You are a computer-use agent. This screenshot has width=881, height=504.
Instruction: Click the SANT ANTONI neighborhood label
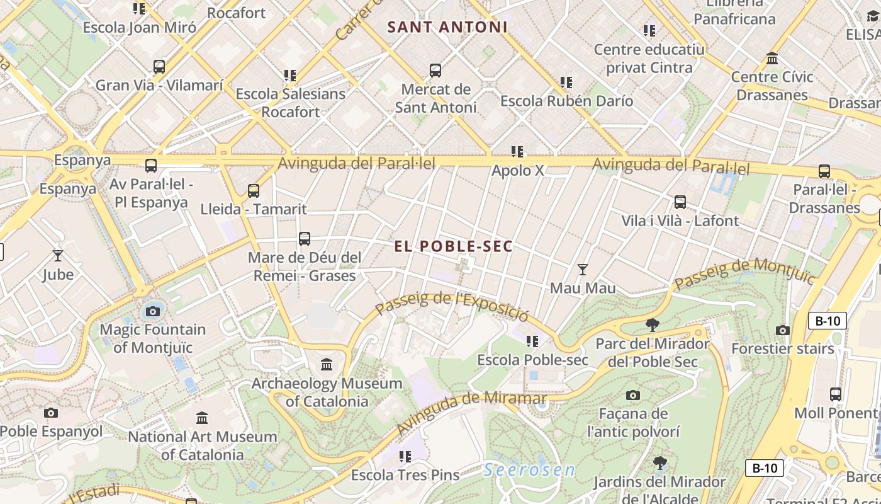(x=447, y=27)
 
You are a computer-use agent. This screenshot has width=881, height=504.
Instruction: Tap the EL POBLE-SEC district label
(x=453, y=246)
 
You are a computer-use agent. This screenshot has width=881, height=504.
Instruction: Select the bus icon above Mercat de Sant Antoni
(x=435, y=71)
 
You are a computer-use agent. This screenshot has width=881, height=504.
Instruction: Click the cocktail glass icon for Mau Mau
(x=583, y=270)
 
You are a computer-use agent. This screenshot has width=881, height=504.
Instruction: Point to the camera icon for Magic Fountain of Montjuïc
(x=152, y=311)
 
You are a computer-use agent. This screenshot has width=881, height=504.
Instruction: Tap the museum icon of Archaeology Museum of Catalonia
(x=327, y=365)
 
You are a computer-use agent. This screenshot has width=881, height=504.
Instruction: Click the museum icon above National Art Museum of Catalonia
(x=202, y=418)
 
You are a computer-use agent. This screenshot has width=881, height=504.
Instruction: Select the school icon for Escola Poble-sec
(x=532, y=341)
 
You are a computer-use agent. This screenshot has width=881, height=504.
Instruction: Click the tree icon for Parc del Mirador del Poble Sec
(x=653, y=325)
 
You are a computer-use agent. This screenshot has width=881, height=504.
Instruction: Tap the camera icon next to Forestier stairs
(x=783, y=330)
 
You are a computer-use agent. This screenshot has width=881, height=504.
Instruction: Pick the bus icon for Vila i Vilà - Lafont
(x=680, y=202)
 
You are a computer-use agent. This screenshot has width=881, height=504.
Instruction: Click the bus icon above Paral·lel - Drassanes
(x=824, y=171)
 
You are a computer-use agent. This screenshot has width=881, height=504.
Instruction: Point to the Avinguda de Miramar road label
(x=472, y=413)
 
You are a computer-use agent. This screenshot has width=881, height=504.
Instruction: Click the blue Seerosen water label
(x=530, y=470)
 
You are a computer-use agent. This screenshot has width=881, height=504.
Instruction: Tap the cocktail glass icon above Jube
(x=58, y=256)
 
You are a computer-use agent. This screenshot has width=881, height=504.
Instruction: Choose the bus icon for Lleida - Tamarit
(x=254, y=190)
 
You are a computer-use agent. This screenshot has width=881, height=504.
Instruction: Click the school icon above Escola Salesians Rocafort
(x=290, y=76)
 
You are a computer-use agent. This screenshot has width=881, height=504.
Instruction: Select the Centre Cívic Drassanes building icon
(x=772, y=59)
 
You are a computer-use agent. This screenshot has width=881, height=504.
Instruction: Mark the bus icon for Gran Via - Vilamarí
(x=159, y=66)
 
